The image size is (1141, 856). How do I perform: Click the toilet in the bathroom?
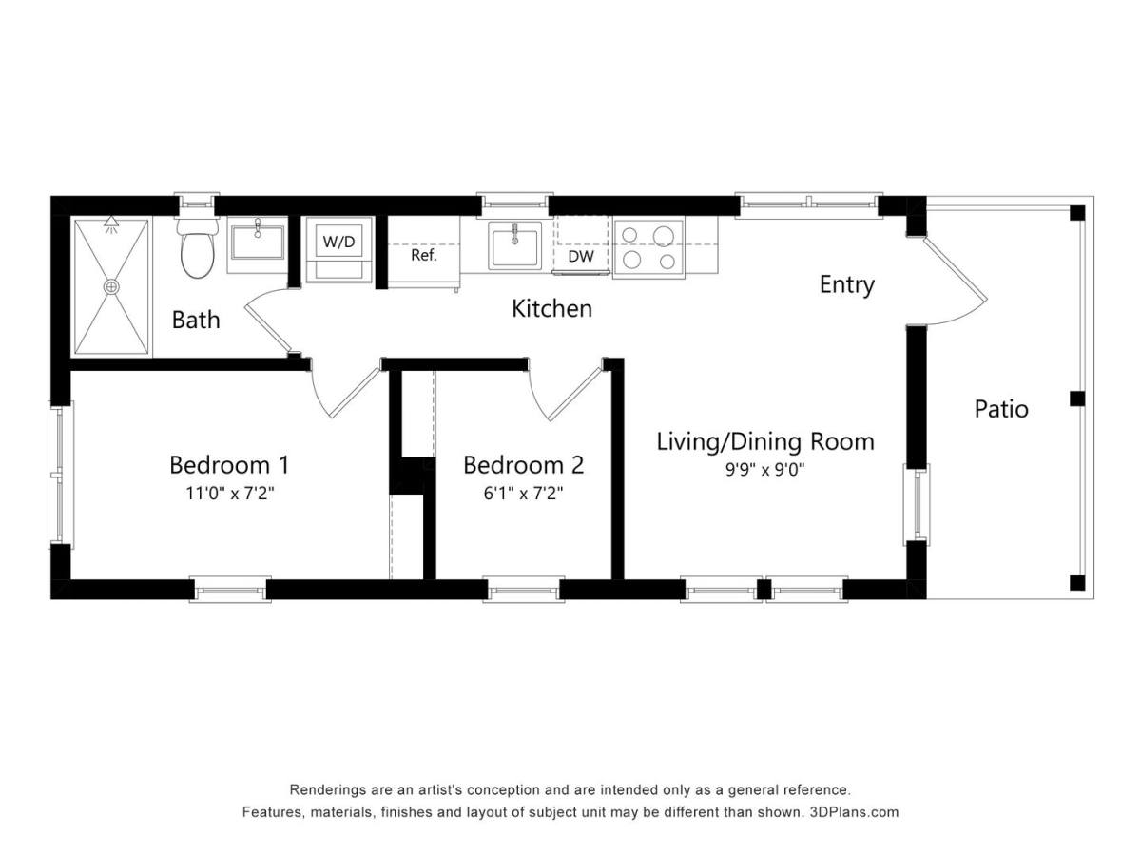[197, 248]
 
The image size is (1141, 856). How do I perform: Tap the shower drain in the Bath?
[111, 287]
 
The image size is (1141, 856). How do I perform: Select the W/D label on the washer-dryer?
[338, 242]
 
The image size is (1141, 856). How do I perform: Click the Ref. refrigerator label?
[424, 255]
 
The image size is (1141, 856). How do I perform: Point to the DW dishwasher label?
[581, 256]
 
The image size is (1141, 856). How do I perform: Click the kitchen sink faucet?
[514, 233]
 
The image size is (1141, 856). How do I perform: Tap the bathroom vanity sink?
[258, 243]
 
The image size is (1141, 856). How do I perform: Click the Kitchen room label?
[551, 309]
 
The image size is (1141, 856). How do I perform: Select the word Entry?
[847, 284]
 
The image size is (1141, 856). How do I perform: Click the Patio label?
[1001, 410]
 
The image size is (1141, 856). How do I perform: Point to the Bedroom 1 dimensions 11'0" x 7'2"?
[230, 493]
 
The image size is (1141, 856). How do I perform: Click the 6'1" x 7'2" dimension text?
[524, 493]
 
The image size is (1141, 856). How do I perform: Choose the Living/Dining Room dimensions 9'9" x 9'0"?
[765, 470]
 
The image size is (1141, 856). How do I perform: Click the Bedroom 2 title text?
[524, 465]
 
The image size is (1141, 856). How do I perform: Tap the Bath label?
[196, 321]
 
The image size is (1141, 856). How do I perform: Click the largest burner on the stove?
[664, 237]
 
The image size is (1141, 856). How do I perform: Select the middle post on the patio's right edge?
[1077, 399]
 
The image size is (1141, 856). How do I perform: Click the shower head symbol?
[110, 224]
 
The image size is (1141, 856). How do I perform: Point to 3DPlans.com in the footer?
[854, 812]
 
